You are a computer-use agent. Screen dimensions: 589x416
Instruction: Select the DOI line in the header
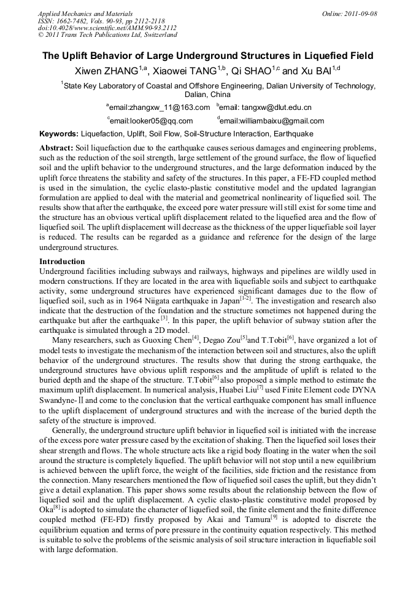point(107,28)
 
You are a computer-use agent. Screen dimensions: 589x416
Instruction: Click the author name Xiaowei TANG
point(182,71)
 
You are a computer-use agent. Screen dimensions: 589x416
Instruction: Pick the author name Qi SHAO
point(253,71)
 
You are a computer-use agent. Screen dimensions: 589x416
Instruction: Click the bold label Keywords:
point(59,134)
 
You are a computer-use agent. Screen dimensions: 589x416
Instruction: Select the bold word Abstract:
point(56,149)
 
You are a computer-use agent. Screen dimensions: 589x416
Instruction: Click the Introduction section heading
point(62,262)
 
